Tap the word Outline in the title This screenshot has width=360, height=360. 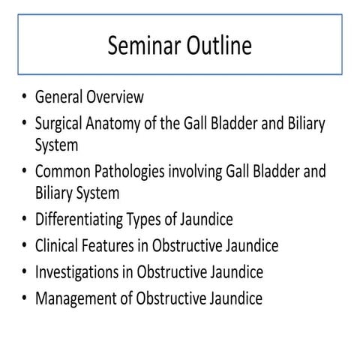(x=220, y=46)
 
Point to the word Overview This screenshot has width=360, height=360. (x=117, y=97)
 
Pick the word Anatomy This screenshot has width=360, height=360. (x=120, y=122)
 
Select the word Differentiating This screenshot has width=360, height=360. (x=81, y=220)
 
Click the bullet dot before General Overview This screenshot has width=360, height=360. (x=25, y=98)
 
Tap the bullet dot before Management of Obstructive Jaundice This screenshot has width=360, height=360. (x=25, y=298)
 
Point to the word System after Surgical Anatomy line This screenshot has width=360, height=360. (x=56, y=145)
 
